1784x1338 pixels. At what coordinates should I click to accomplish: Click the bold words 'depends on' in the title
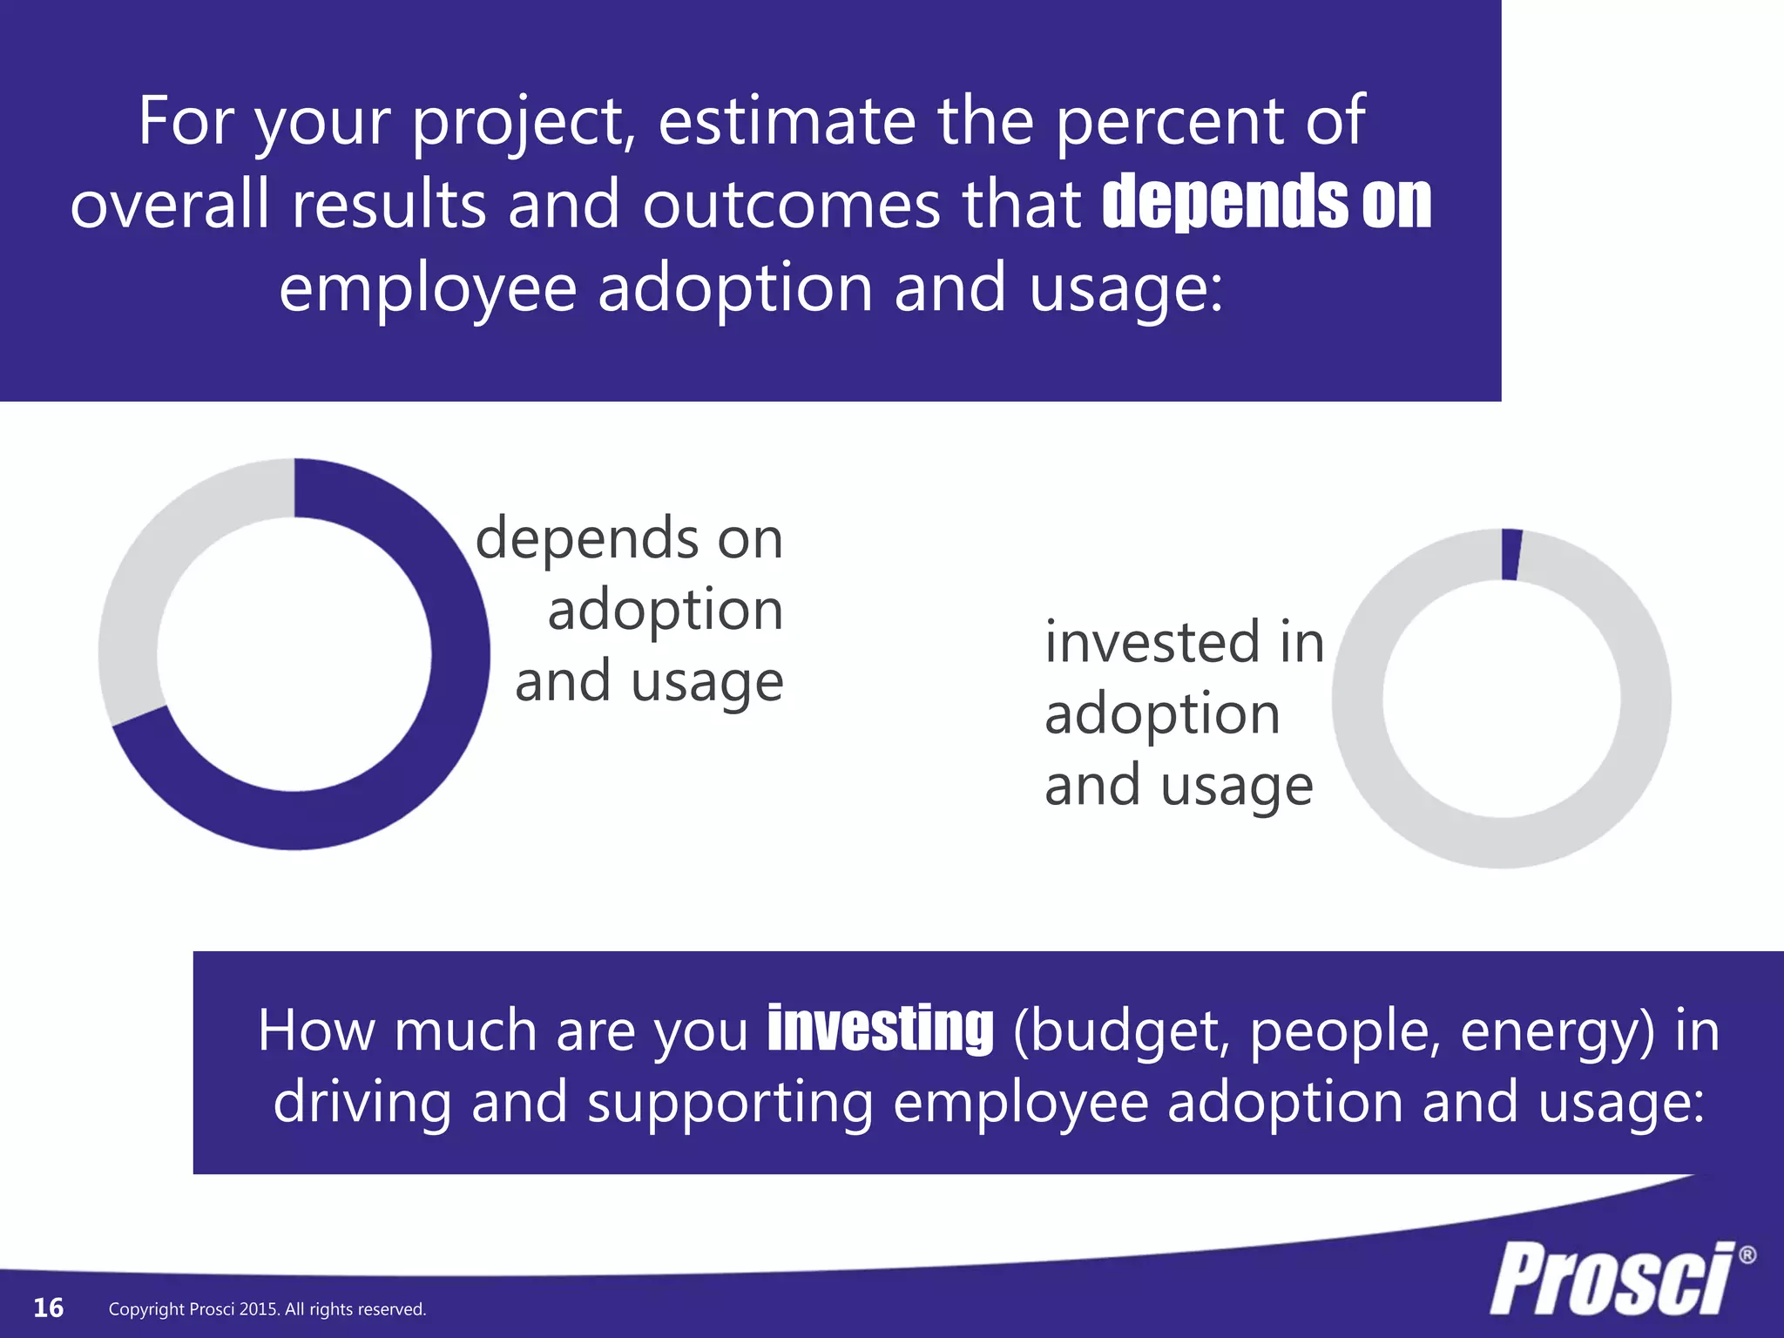[x=1267, y=202]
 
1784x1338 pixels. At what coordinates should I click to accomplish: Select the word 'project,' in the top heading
[x=524, y=122]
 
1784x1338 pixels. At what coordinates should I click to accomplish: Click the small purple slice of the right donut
[x=1511, y=554]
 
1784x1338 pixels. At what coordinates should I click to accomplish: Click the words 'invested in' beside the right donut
[x=1184, y=642]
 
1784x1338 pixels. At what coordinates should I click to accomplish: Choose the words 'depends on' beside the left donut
[x=629, y=538]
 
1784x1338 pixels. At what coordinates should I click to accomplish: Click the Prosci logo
[x=1612, y=1279]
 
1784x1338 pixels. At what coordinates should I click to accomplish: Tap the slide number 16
[x=48, y=1308]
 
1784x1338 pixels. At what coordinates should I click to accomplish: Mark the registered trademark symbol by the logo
[x=1747, y=1255]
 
